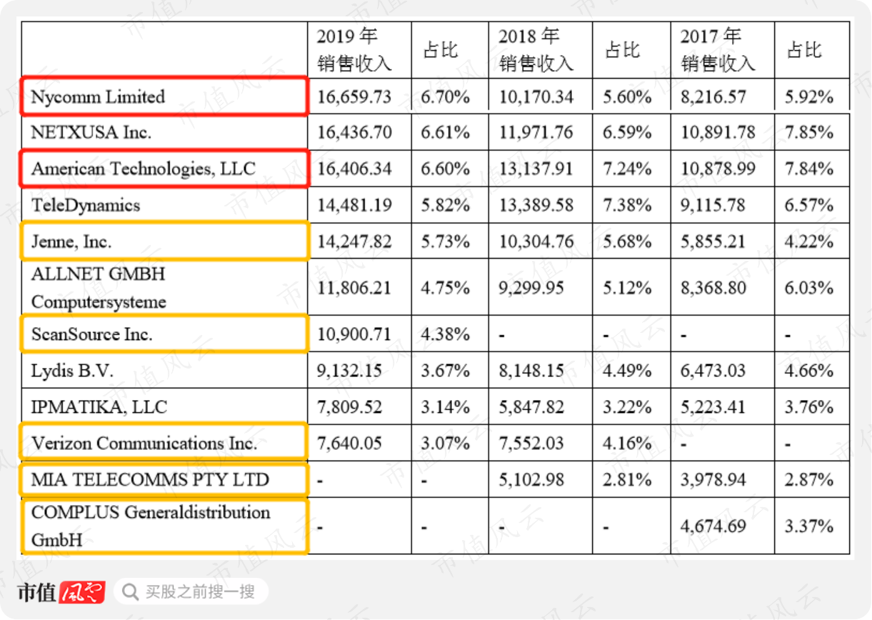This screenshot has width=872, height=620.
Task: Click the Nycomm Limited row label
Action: coord(98,97)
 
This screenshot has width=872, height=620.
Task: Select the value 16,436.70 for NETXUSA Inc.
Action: coord(354,132)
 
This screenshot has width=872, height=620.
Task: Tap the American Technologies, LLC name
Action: coord(144,169)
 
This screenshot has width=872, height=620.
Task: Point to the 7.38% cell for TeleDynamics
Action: coord(627,205)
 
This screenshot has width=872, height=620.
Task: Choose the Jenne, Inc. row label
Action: coord(71,242)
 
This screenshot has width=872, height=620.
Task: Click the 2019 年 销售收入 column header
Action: coord(354,50)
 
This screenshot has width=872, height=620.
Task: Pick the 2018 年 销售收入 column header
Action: coord(536,50)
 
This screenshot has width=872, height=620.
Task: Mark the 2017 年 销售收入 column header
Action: coord(718,50)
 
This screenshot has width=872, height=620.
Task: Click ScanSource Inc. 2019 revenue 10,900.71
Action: coord(354,334)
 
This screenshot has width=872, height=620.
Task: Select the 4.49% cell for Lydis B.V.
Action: coord(627,371)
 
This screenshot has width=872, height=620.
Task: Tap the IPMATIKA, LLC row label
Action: coord(99,407)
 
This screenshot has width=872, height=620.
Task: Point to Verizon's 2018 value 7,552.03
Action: coord(531,444)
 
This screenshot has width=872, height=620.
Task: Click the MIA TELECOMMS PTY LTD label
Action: coord(150,480)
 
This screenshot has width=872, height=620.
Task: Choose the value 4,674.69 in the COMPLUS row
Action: coord(713,526)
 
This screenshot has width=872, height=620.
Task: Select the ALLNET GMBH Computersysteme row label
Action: coord(99,288)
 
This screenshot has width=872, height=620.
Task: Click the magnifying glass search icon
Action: coord(130,592)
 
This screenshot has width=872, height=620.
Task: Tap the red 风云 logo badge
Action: coord(82,592)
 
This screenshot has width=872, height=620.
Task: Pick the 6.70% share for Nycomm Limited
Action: coord(445,97)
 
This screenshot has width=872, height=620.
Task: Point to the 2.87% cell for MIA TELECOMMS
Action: coord(808,480)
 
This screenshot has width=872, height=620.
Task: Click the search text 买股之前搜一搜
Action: coord(200,592)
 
